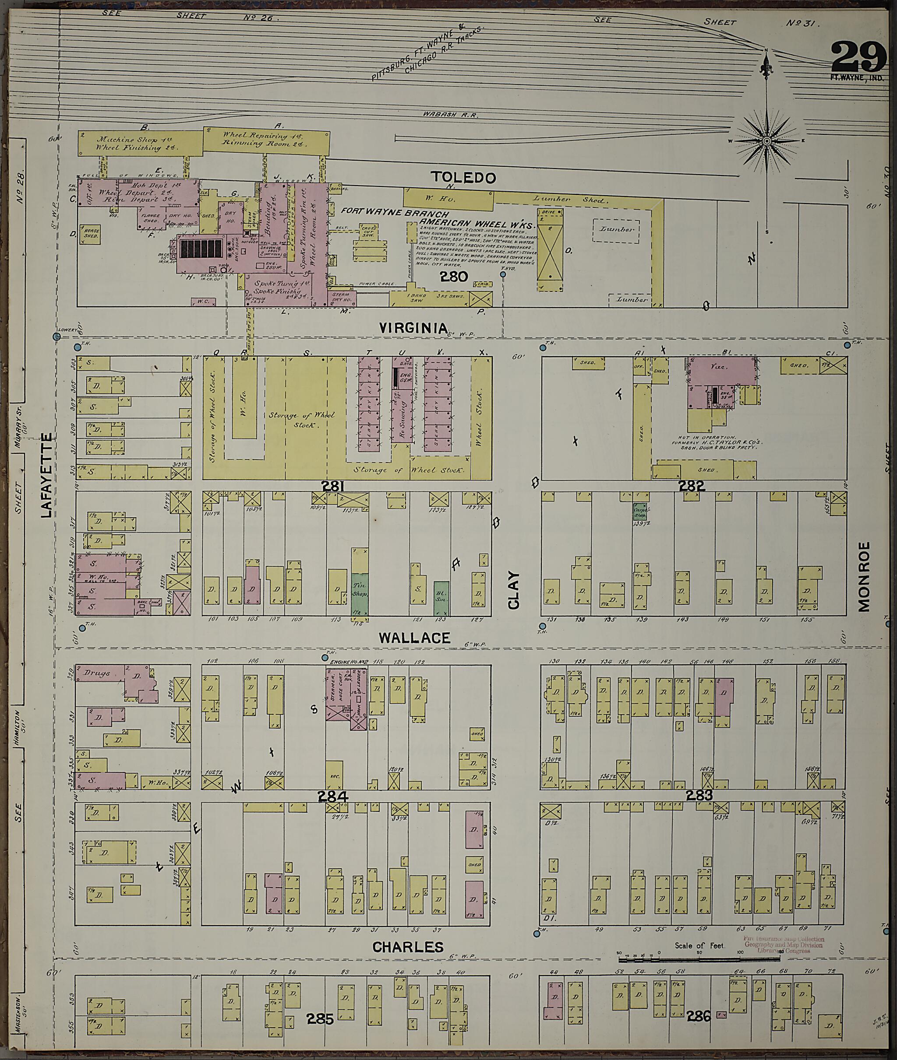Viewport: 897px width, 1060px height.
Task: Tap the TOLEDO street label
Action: click(463, 177)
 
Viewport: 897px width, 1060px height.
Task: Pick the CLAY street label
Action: click(514, 590)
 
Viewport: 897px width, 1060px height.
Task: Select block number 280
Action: click(454, 277)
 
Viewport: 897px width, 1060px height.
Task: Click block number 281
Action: click(333, 486)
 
